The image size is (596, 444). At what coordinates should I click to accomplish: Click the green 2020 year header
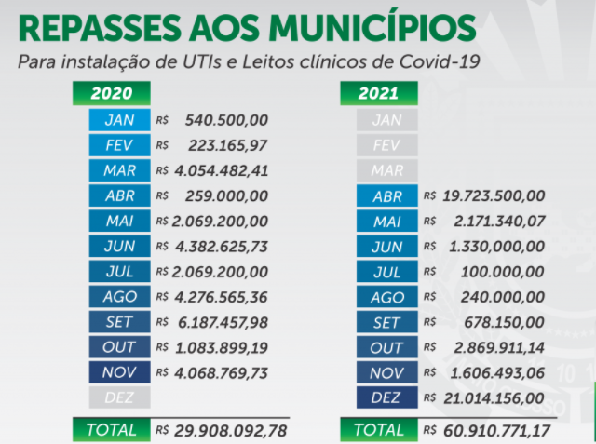(x=112, y=93)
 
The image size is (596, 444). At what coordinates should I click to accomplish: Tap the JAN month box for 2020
(x=119, y=120)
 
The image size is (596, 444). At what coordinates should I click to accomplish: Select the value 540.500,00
(x=226, y=120)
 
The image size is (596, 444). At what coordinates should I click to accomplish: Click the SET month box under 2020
(x=119, y=321)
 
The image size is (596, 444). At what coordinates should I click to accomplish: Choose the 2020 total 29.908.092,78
(x=224, y=431)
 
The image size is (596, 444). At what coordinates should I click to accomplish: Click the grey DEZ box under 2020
(x=119, y=397)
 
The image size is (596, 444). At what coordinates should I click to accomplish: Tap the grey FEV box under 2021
(x=386, y=145)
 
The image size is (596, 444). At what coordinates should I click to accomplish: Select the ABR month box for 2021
(x=386, y=195)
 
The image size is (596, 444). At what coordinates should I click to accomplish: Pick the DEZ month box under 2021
(x=386, y=397)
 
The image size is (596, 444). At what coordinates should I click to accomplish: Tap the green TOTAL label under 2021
(x=379, y=430)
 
